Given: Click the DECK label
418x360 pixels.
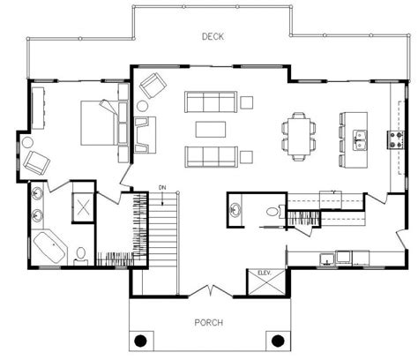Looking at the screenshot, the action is (x=213, y=36).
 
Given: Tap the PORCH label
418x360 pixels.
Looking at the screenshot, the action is (x=209, y=322).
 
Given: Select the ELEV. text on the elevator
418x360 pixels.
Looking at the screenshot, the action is (x=265, y=273).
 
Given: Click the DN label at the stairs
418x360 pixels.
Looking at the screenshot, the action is (x=162, y=187).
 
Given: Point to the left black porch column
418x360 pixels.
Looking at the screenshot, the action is (x=140, y=341).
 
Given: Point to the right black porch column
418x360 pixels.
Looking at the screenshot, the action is (x=278, y=341).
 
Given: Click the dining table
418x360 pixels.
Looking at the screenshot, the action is (x=299, y=136).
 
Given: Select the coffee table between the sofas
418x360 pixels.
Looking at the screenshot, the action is (x=211, y=129).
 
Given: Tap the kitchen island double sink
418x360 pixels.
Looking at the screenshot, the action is (x=360, y=139).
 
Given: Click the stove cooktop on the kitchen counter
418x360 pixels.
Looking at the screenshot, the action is (x=396, y=139).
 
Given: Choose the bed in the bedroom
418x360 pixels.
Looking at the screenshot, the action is (x=100, y=123).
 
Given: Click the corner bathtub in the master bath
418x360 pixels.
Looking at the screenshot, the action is (x=49, y=248).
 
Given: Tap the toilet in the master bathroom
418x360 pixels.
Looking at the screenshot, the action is (x=80, y=255).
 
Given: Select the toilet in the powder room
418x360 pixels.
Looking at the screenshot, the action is (x=273, y=212).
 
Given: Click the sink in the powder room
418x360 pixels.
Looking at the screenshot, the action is (x=235, y=210).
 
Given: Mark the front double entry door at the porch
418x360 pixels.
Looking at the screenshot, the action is (x=211, y=291).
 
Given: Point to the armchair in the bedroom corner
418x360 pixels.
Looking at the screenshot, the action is (x=36, y=162).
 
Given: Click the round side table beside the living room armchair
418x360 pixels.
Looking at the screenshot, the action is (x=143, y=106).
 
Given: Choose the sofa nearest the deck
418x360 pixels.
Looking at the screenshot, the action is (x=211, y=101).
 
